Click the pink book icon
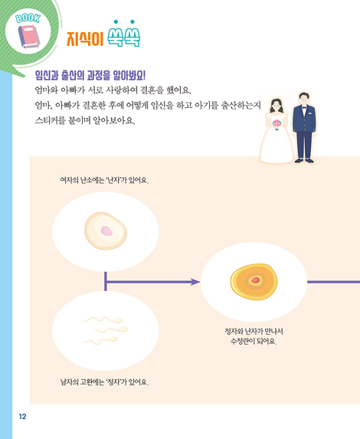point(29,37)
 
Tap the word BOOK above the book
point(28,18)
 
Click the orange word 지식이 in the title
point(85,38)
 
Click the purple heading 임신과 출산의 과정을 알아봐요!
point(90,75)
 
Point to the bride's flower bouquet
point(277,124)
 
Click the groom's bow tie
point(304,106)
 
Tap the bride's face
point(277,105)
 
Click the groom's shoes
point(304,160)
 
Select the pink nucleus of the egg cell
point(106,231)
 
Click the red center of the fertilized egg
point(255,280)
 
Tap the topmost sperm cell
point(103,319)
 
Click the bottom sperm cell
point(101,340)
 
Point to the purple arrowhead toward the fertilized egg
point(195,282)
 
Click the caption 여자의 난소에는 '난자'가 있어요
point(104,180)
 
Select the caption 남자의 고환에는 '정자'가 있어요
point(104,382)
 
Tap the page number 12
point(22,417)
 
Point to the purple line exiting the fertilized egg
point(333,282)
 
